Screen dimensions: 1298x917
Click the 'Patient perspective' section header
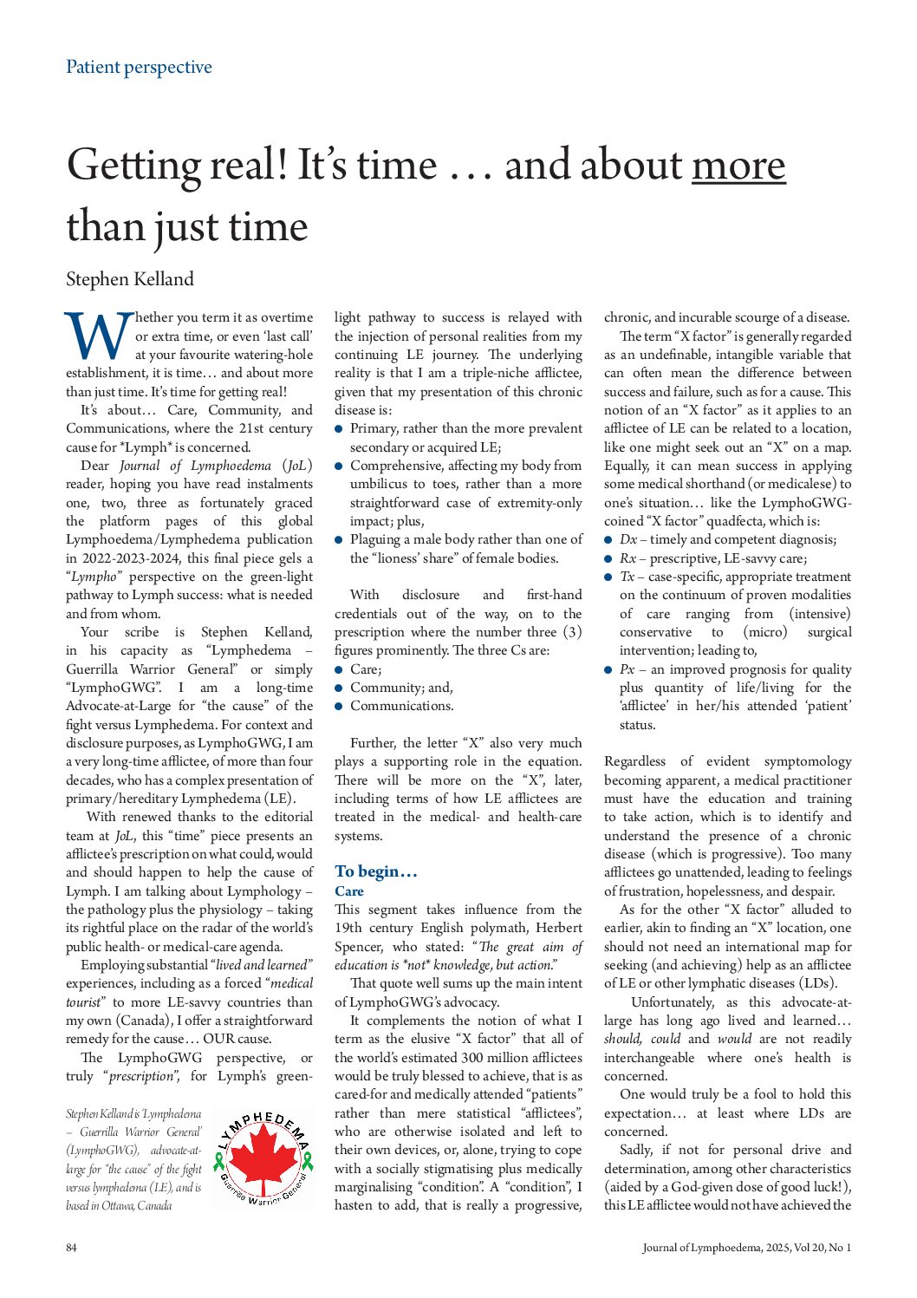click(139, 67)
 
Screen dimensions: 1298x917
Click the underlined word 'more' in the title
click(738, 166)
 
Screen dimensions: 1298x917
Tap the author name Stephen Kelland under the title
click(130, 279)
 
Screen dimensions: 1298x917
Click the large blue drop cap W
click(97, 337)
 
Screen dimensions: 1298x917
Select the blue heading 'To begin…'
click(376, 871)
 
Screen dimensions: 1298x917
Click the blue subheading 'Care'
click(349, 890)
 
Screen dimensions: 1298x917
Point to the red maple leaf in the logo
click(261, 1159)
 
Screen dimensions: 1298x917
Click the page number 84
click(71, 1248)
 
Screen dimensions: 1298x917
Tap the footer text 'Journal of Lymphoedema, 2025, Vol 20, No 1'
click(746, 1248)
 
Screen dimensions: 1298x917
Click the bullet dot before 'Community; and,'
click(340, 688)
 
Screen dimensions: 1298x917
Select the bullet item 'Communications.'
click(401, 706)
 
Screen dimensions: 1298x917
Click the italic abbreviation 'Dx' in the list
click(628, 539)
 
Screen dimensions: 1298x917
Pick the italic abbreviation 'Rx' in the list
click(628, 558)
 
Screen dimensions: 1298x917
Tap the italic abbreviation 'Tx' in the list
click(627, 577)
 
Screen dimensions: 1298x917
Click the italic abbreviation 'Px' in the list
click(627, 669)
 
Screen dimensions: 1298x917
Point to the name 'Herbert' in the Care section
click(558, 928)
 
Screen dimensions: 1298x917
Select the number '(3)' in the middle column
click(572, 632)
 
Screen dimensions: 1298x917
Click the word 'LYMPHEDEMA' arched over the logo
click(261, 1124)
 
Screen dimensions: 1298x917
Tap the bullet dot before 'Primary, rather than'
click(340, 428)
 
